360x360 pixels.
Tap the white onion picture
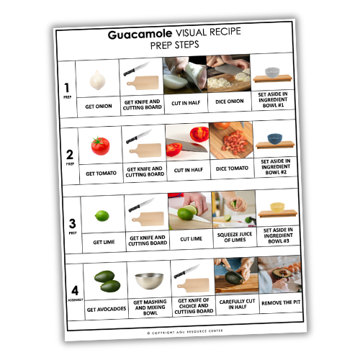tap(97, 79)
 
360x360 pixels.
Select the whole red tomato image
tap(99, 145)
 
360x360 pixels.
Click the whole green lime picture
tap(102, 215)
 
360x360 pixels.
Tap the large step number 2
tap(69, 154)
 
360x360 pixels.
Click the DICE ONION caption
tap(230, 102)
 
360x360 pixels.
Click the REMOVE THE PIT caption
tap(280, 302)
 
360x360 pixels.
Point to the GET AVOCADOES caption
tap(107, 310)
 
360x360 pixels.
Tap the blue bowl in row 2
tap(274, 138)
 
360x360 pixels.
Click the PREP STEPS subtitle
tap(176, 45)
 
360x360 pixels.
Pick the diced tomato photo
tap(230, 141)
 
